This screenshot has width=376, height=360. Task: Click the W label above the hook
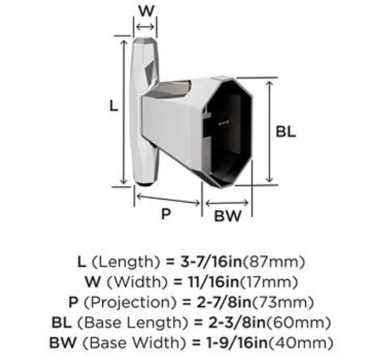click(146, 11)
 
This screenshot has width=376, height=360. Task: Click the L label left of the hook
click(114, 106)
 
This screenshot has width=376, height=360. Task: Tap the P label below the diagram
click(166, 214)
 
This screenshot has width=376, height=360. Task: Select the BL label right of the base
click(286, 132)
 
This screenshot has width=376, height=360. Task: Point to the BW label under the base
click(227, 216)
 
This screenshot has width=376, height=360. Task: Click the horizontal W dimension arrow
click(145, 27)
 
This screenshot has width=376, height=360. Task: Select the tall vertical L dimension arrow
click(124, 112)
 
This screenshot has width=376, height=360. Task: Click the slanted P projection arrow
click(168, 200)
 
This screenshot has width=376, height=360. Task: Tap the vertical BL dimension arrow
click(270, 132)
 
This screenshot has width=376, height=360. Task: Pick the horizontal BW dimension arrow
click(227, 203)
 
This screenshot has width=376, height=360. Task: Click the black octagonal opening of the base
click(227, 132)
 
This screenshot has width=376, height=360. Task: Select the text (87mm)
click(274, 262)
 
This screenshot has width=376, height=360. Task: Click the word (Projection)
click(130, 302)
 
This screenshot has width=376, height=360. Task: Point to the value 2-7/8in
click(224, 302)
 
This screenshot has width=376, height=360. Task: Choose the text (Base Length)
click(133, 323)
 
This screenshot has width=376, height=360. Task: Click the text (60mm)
click(299, 323)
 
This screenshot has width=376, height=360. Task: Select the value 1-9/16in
click(236, 343)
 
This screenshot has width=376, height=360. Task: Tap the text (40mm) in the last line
click(300, 343)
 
